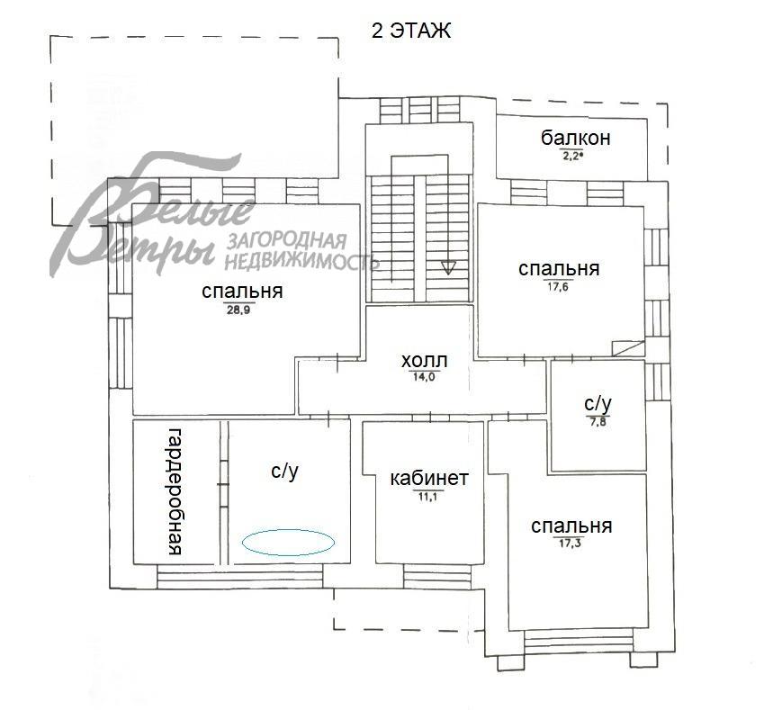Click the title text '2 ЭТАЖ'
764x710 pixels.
point(411,31)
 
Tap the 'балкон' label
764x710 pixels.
point(575,138)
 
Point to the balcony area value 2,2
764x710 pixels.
point(571,156)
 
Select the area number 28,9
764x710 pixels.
point(238,310)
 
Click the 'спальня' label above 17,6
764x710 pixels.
point(559,268)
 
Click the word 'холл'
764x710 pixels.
point(424,361)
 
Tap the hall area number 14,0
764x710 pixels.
point(424,377)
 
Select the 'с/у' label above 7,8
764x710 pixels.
point(598,403)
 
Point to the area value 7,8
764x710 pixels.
point(598,422)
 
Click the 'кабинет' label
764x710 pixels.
point(429,478)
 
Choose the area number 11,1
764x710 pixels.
point(428,497)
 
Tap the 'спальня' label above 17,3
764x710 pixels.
point(571,526)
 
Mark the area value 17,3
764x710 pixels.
point(570,543)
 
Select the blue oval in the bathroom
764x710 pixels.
point(289,529)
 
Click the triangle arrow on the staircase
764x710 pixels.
point(448,267)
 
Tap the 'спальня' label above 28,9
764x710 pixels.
point(242,291)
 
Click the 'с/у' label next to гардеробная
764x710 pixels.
point(285,472)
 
